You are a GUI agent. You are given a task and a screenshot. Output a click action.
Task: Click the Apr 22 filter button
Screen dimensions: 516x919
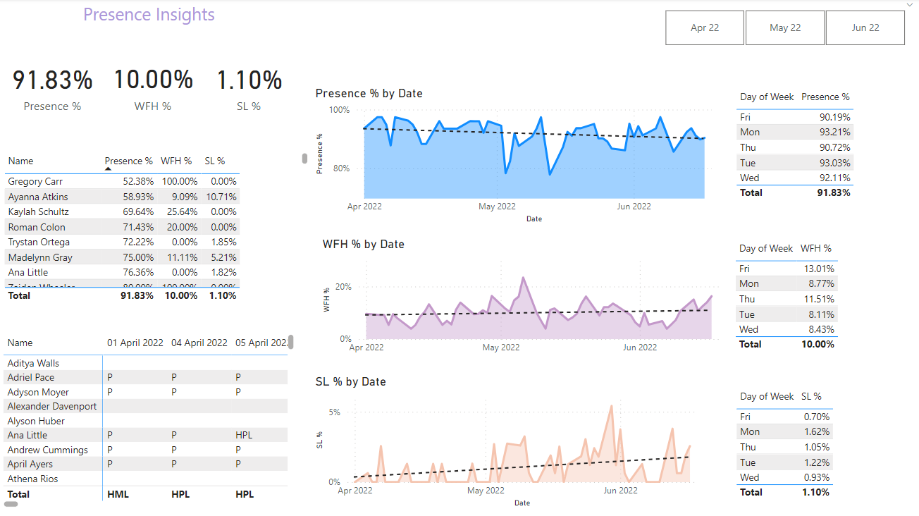click(x=705, y=28)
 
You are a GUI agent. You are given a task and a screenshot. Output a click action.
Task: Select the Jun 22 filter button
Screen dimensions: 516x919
click(x=865, y=28)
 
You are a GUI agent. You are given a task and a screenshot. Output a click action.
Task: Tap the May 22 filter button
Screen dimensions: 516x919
click(x=785, y=28)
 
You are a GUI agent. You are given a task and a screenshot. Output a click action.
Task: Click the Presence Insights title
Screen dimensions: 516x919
click(x=149, y=15)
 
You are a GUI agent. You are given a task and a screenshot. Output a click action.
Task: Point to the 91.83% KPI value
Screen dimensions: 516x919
click(x=53, y=80)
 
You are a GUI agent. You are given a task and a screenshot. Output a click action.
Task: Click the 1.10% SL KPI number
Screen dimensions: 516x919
click(x=249, y=80)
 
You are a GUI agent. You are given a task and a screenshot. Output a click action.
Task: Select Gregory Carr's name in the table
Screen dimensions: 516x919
click(x=35, y=182)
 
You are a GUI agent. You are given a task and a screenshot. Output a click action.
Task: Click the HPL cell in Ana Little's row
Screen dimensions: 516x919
click(x=244, y=436)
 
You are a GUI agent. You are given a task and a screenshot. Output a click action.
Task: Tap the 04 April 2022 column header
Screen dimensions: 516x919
click(x=199, y=343)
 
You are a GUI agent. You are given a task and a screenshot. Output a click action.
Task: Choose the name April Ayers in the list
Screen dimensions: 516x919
click(x=30, y=465)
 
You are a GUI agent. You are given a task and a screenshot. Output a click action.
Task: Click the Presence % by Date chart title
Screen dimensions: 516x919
click(x=369, y=94)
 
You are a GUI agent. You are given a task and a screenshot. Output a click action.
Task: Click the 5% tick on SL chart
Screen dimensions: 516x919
click(x=335, y=412)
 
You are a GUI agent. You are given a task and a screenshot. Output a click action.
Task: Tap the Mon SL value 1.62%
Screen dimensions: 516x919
click(x=817, y=432)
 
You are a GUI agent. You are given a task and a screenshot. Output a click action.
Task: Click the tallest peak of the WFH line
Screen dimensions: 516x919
click(x=523, y=278)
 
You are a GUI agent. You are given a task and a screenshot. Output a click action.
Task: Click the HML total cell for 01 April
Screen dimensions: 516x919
click(x=118, y=495)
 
